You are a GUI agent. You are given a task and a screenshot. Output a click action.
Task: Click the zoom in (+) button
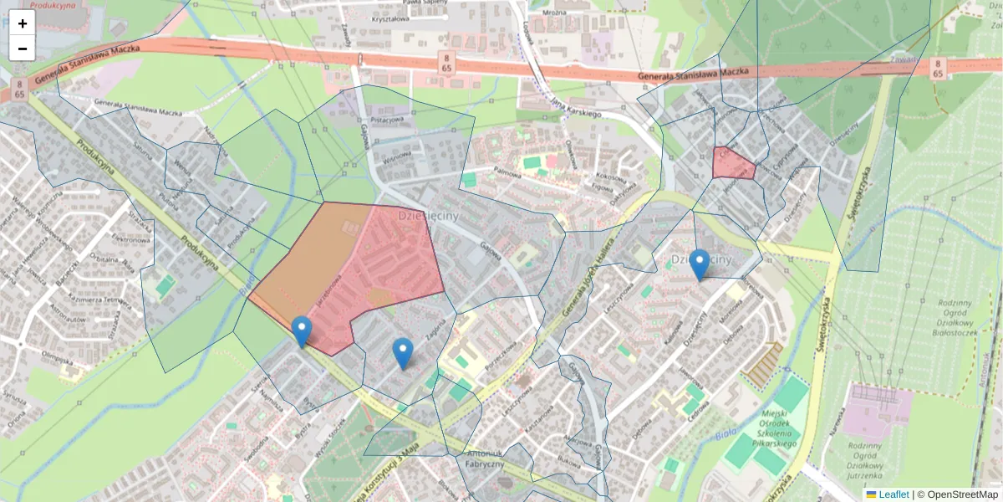pos(23,23)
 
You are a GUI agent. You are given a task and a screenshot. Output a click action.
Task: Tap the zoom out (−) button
pos(23,49)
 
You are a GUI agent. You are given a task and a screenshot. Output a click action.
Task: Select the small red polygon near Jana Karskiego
pos(733,164)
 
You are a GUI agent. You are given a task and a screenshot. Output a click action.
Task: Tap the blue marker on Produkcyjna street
pos(302,331)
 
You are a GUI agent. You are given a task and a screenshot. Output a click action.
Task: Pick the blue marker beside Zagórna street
pos(403,352)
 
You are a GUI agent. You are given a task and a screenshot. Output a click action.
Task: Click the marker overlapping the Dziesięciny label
pos(700,264)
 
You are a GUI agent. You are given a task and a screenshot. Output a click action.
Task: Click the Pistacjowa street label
pos(387,120)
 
